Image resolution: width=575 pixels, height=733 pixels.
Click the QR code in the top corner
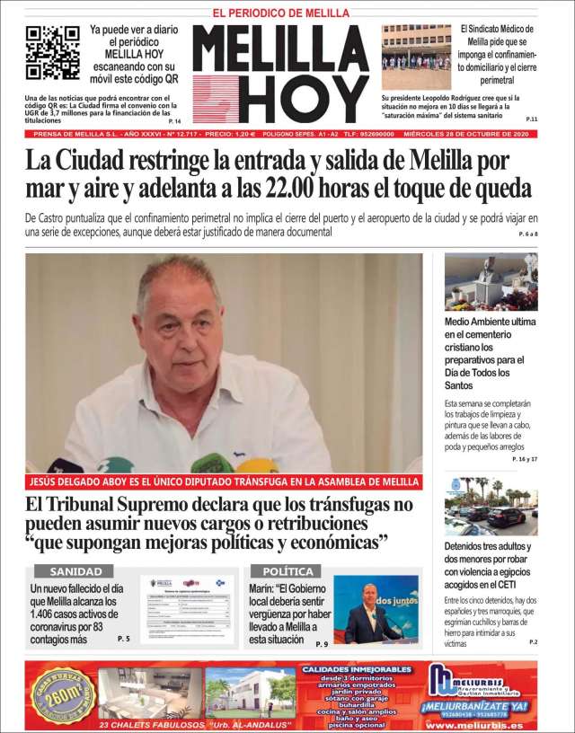pos(52,52)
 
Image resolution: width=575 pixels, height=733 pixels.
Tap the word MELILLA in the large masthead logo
pos(279,49)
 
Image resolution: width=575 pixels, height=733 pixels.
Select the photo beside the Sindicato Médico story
pos(416,57)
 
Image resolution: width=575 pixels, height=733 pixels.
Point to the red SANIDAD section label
pos(75,571)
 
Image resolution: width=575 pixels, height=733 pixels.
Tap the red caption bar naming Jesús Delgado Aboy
pos(224,481)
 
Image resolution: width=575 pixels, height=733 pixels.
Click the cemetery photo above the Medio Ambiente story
pos(491,281)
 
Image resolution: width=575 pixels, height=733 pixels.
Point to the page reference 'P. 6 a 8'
pos(527,234)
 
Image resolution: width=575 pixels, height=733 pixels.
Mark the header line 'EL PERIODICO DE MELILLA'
pos(280,12)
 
